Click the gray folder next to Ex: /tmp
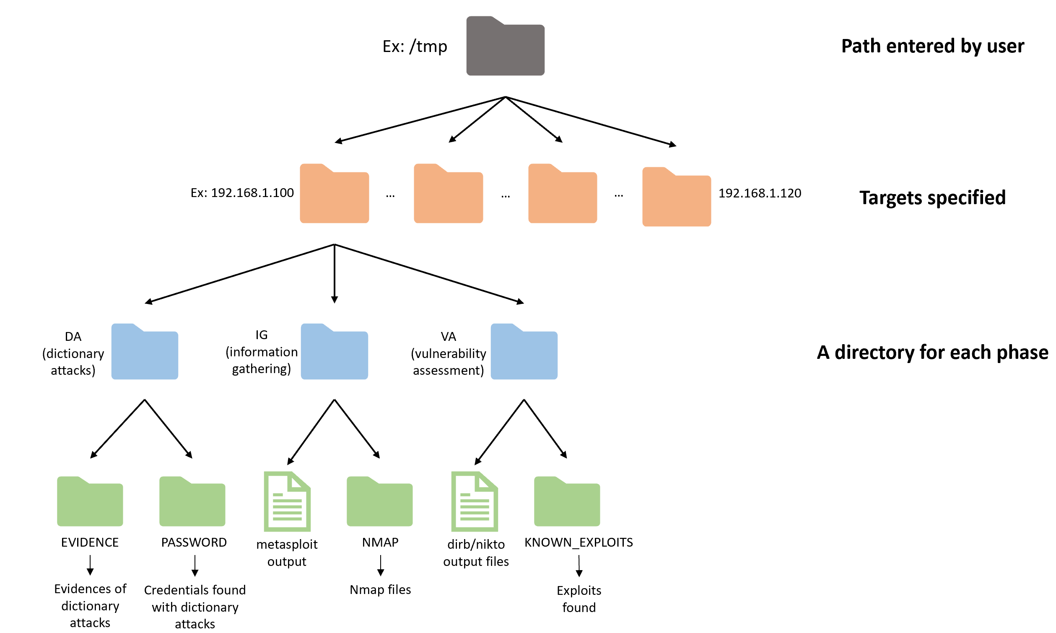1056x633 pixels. tap(505, 46)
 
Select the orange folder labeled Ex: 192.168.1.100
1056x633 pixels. tap(335, 193)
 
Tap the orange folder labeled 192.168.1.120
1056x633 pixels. tap(677, 197)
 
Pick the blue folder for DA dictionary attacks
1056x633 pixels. tap(145, 351)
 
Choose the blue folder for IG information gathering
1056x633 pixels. tap(335, 351)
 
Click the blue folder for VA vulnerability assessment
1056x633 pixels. tap(524, 351)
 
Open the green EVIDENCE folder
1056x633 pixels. tap(90, 501)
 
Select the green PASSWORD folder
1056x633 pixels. tap(192, 501)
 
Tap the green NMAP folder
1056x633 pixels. tap(379, 501)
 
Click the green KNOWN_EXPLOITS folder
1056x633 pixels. tap(567, 501)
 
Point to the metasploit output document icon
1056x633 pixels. tap(288, 502)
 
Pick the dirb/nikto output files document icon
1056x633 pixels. tap(475, 502)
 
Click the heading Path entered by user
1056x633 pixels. tap(933, 46)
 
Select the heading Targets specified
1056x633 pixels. tap(933, 198)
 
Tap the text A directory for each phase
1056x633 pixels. tap(933, 352)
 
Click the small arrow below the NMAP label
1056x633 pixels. tap(380, 566)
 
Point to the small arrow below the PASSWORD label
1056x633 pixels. tap(195, 566)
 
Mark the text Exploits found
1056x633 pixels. tap(579, 599)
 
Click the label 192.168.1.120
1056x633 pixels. tap(760, 193)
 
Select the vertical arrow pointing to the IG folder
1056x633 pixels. tap(335, 274)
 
